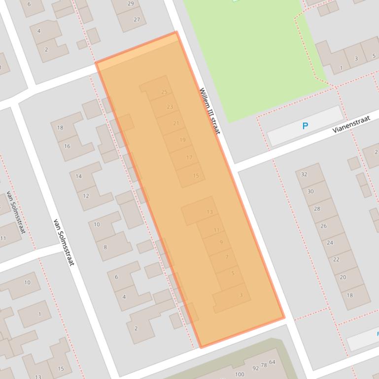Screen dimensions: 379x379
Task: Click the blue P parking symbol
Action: [x=305, y=126]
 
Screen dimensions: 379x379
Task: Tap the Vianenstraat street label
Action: [x=351, y=123]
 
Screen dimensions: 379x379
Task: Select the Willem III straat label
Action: [x=210, y=111]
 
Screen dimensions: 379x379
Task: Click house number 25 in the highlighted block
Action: [x=164, y=92]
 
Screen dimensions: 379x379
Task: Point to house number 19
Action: [x=182, y=140]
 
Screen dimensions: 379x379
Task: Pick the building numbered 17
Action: [x=189, y=158]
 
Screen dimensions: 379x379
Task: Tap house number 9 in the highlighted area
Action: [x=221, y=242]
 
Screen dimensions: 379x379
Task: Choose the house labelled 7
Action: [x=227, y=257]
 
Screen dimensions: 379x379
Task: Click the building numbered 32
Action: [x=304, y=174]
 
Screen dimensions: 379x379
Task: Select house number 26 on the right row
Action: [x=323, y=226]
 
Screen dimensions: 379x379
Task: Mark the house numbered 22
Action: [x=336, y=259]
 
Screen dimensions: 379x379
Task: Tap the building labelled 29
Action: [x=131, y=3]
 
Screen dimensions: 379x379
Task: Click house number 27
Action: [x=137, y=20]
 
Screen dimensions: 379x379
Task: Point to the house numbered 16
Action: [x=67, y=146]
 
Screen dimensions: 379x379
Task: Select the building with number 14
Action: [x=79, y=176]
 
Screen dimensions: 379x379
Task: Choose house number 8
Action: [x=105, y=247]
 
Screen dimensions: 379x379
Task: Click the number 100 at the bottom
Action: [x=240, y=374]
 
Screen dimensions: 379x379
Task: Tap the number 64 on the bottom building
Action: [x=272, y=362]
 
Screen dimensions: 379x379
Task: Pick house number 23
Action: [x=170, y=107]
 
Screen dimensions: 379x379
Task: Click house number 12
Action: [x=86, y=195]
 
